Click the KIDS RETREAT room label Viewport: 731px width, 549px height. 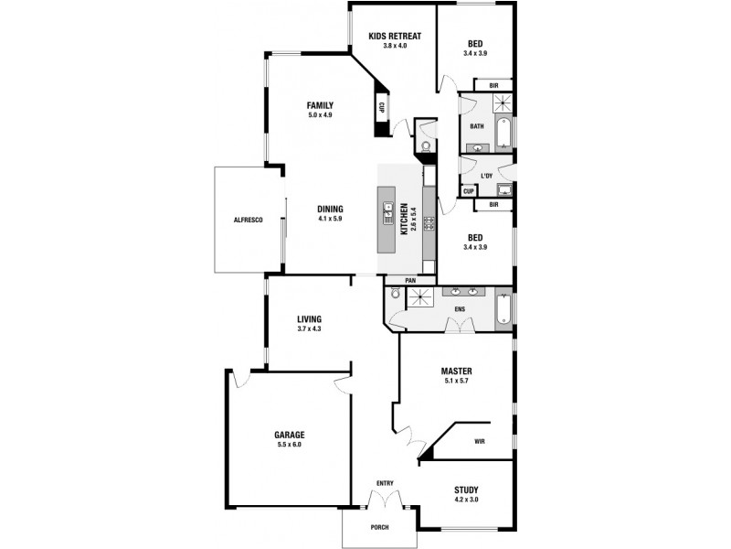tap(394, 36)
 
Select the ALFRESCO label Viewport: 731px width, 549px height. tap(249, 221)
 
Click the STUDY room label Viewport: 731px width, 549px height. tap(466, 490)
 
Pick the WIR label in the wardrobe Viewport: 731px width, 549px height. tap(479, 441)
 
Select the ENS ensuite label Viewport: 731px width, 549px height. tap(460, 309)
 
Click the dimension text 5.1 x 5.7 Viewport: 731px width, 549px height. tap(455, 382)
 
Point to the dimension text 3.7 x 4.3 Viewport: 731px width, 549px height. tap(310, 328)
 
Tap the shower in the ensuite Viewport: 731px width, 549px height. tap(422, 297)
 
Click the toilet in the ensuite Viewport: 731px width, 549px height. tap(394, 295)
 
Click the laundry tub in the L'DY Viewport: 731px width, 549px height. tap(502, 189)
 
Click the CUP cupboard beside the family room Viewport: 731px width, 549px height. tap(381, 106)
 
